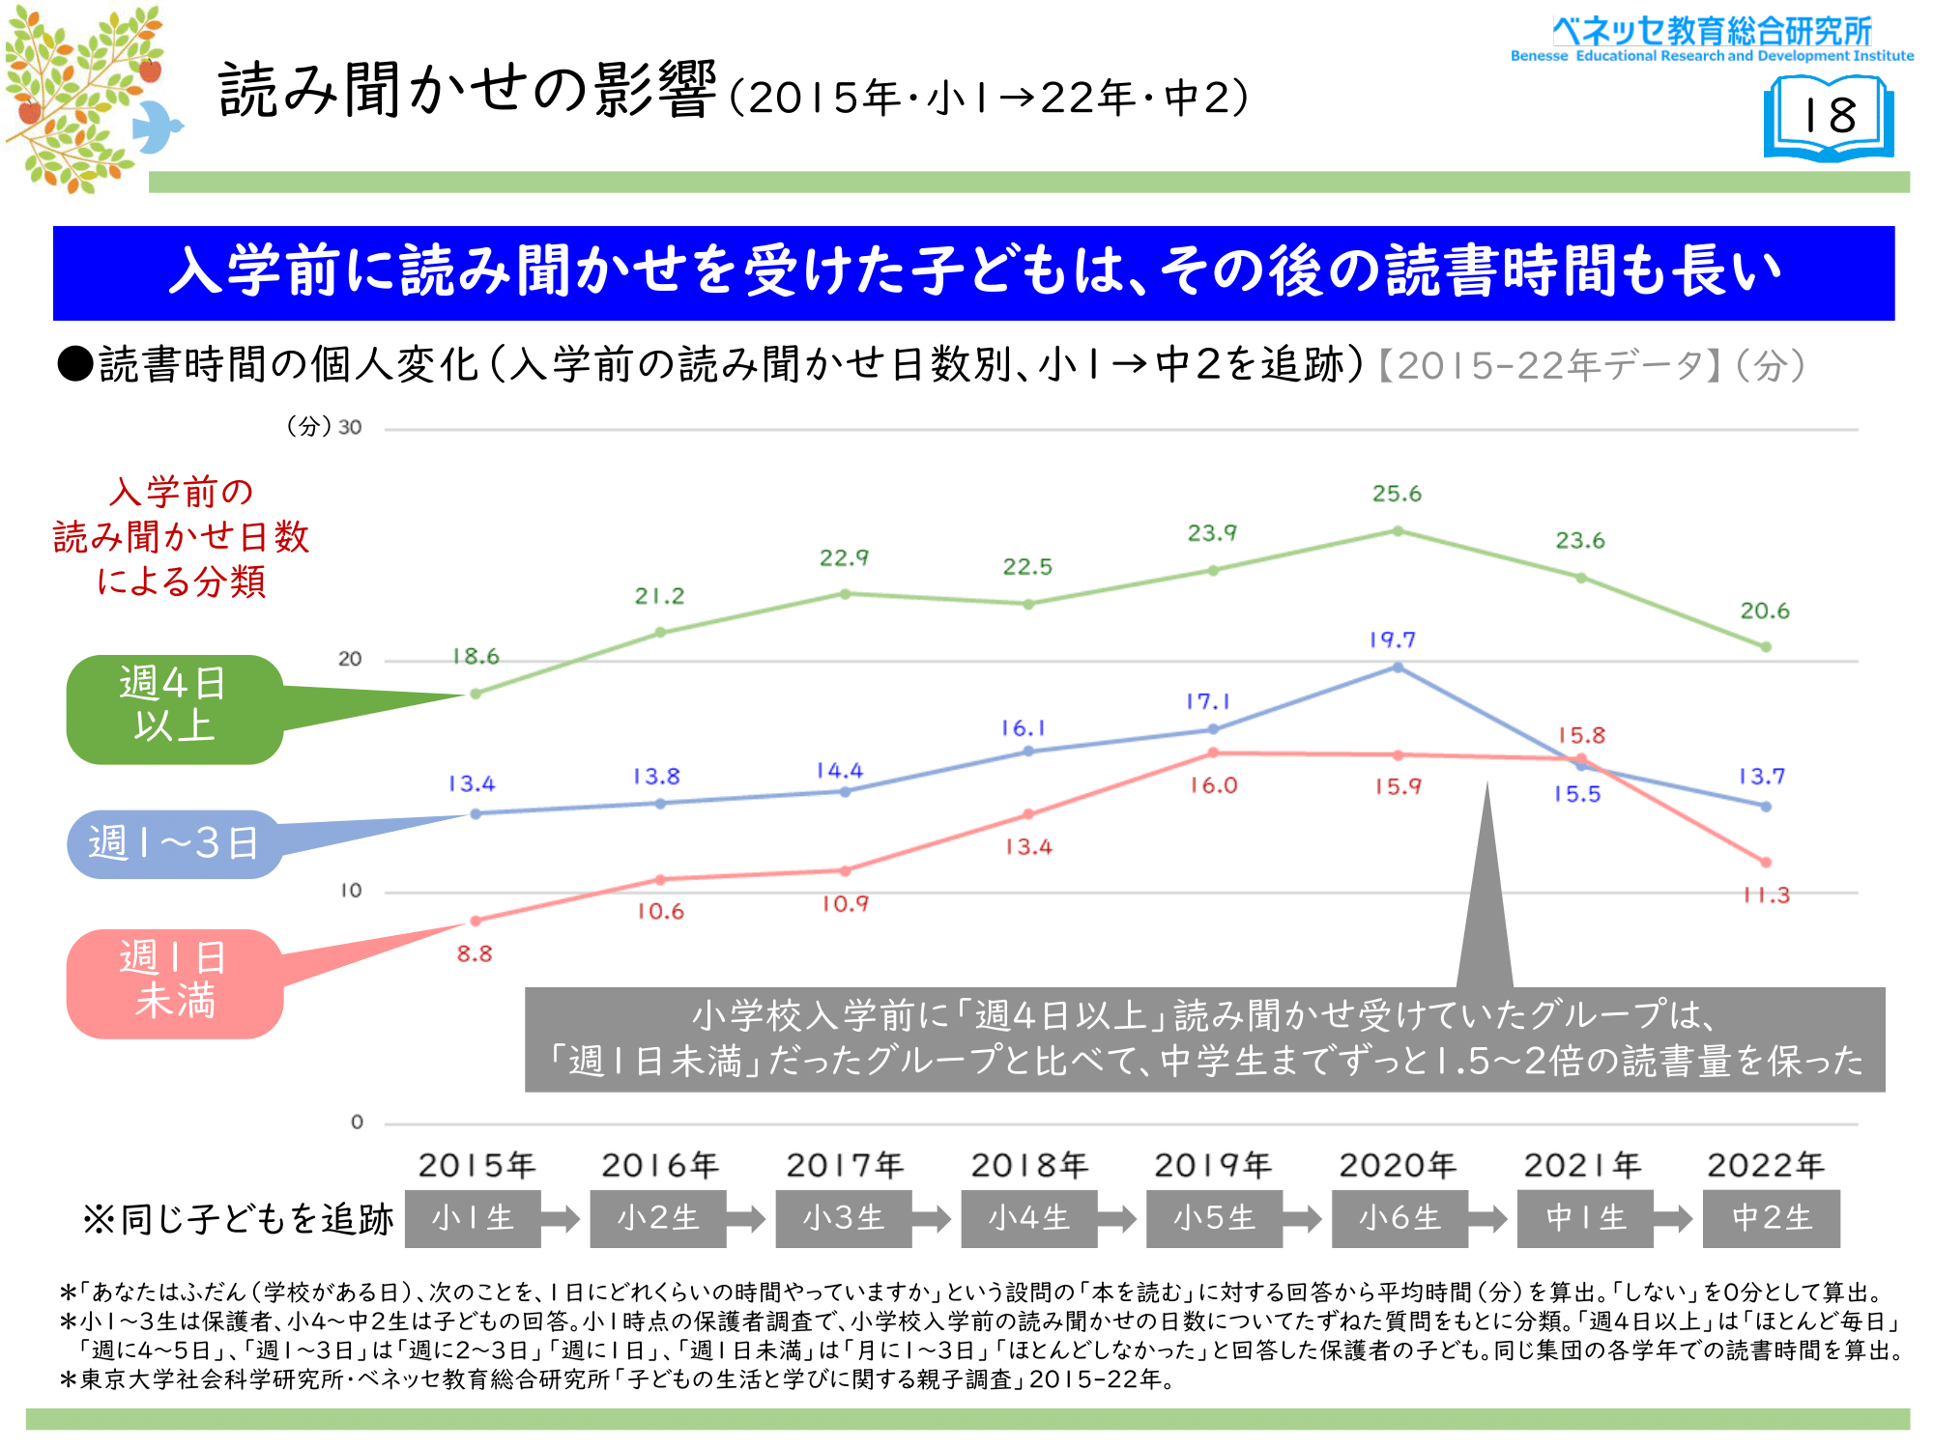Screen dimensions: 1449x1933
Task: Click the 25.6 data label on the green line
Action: (1397, 494)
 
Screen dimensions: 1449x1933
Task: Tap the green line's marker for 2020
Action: (1398, 531)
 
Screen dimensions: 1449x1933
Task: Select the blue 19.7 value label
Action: (1392, 639)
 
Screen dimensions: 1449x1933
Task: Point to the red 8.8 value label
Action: (475, 954)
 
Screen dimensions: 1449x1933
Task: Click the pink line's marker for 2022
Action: (1766, 862)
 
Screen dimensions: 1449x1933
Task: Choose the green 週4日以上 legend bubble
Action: (175, 709)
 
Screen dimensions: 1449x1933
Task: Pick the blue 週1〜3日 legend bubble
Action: (174, 843)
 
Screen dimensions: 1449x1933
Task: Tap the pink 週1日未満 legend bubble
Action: (175, 983)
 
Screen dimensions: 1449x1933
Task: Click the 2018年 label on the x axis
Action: (1029, 1166)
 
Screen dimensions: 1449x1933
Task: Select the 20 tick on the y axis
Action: (350, 660)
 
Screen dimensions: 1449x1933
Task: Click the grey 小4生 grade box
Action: (1029, 1218)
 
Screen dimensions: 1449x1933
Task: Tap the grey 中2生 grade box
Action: (1771, 1218)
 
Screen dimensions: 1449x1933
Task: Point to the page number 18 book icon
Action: (1829, 118)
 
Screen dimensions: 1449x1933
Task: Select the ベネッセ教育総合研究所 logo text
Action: (1712, 31)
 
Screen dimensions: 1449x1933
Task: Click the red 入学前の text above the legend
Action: (182, 492)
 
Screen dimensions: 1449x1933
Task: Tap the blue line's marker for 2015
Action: (476, 813)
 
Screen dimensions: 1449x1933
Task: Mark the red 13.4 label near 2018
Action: (1028, 847)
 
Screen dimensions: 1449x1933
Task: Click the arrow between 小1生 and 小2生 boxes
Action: (561, 1218)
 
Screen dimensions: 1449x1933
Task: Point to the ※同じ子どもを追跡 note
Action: (238, 1219)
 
